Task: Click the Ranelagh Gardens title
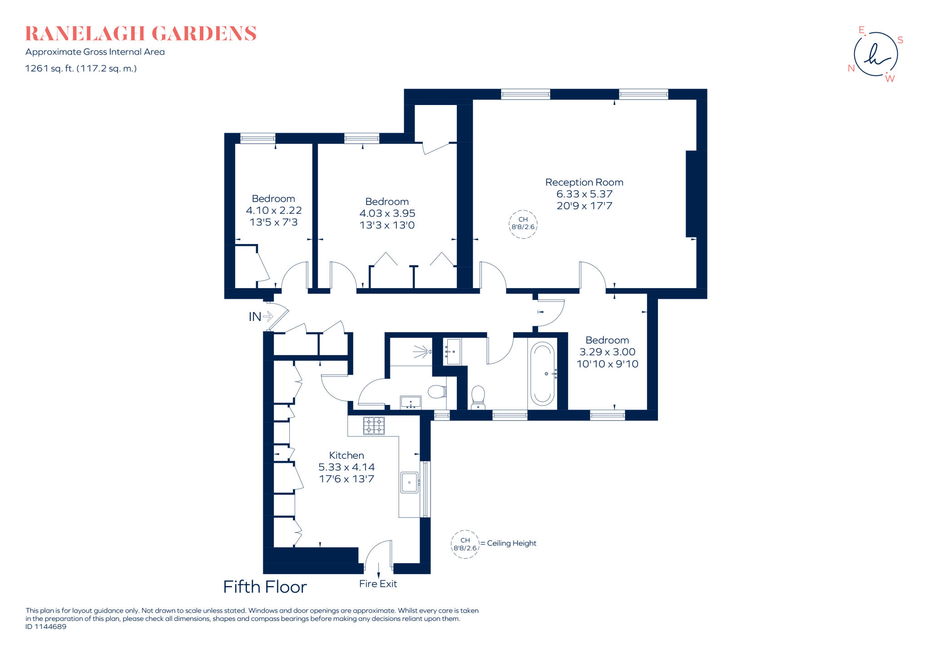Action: [141, 34]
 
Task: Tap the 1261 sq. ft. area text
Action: [81, 69]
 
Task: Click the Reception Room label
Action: [584, 182]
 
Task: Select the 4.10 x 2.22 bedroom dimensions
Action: [274, 210]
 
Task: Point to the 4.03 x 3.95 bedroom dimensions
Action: [387, 213]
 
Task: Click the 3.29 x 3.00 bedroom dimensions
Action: [607, 352]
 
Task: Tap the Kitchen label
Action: [346, 455]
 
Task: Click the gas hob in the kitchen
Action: [374, 425]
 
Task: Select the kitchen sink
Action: [409, 482]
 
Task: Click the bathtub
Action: [542, 374]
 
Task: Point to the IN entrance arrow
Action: [267, 316]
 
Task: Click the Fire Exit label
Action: [378, 584]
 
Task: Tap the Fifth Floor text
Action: [265, 587]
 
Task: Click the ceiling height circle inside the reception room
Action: [523, 224]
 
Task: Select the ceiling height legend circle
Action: [465, 545]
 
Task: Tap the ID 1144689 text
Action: [46, 627]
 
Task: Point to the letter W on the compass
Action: [890, 79]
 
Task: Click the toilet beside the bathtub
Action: [478, 397]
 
